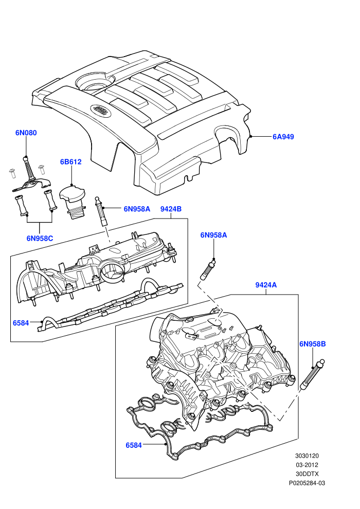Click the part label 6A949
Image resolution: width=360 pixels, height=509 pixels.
pos(283,137)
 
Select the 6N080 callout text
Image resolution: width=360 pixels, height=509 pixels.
pos(26,133)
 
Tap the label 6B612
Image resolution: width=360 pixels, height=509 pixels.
pos(71,161)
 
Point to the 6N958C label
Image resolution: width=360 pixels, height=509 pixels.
pos(40,238)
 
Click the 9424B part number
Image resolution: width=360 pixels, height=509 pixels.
pos(171,209)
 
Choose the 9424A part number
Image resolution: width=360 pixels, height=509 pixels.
pos(266,285)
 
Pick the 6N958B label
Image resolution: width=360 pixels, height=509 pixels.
pos(312,344)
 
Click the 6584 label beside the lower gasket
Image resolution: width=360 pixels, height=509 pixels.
pos(134,445)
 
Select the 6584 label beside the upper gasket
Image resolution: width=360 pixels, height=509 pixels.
pos(21,323)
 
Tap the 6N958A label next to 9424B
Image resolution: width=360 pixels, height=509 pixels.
pos(137,209)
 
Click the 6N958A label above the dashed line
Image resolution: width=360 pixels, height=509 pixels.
pos(213,235)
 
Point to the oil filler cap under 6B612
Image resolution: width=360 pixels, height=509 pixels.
pos(73,201)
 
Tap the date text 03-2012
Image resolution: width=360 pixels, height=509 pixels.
pos(307,465)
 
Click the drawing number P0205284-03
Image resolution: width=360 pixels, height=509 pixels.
pos(307,483)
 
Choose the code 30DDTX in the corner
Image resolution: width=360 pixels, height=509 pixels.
pos(307,474)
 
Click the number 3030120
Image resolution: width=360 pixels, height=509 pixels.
pos(307,456)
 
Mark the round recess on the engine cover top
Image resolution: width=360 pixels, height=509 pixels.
pos(95,83)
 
